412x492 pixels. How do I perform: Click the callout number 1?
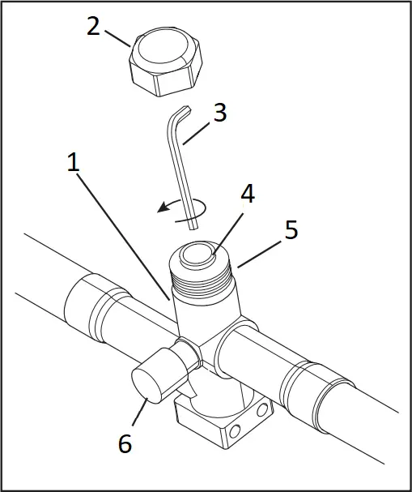(73, 162)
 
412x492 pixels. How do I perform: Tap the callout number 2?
(94, 27)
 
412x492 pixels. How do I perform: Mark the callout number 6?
(125, 443)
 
